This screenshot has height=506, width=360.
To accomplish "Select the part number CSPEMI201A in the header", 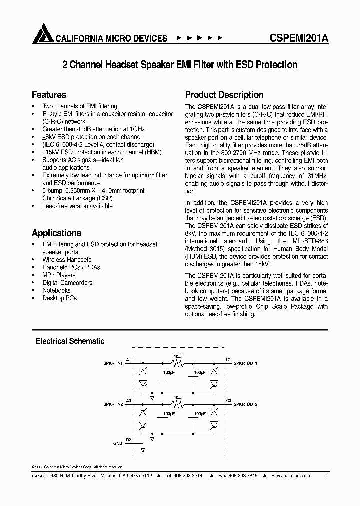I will point(299,38).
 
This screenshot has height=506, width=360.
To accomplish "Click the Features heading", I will point(49,95).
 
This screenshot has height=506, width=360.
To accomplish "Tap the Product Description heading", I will point(224,95).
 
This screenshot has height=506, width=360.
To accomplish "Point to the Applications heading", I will point(56,233).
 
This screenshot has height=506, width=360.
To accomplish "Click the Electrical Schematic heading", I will point(70,341).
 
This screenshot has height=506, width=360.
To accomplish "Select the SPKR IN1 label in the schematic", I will point(113,363).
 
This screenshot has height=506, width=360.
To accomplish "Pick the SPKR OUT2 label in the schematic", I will point(245,404).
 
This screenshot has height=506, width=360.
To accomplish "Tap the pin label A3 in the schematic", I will point(128,401).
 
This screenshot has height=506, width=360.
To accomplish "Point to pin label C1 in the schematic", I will point(228,360).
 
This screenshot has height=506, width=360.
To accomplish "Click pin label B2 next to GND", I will point(128,440).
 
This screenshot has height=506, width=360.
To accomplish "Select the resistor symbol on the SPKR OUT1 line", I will point(177,364).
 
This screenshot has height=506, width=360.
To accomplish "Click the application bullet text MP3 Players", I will point(59,275).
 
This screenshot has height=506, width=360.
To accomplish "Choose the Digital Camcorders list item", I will point(67,283).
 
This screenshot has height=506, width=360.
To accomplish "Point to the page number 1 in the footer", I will point(326,476).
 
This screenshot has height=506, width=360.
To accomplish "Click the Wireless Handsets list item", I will point(67,260).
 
